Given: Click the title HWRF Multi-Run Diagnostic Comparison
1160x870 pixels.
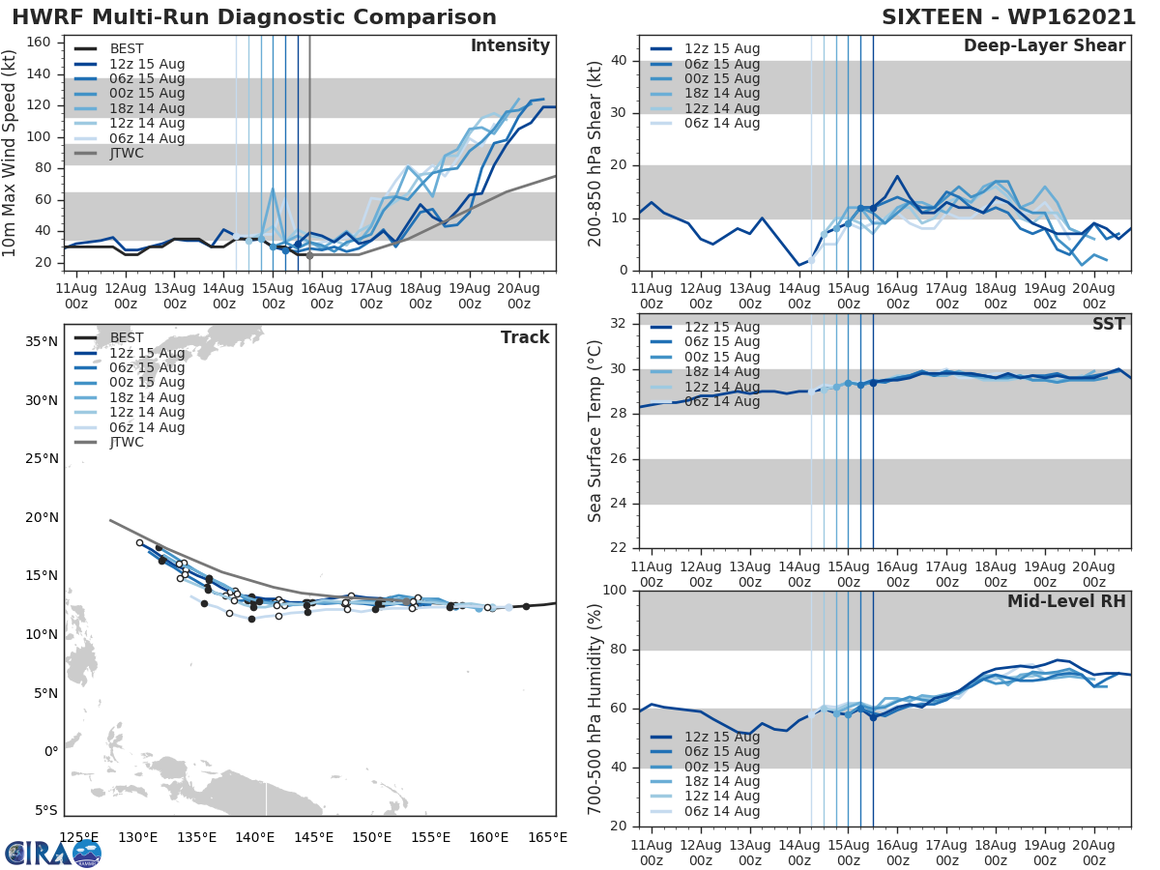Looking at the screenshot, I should [x=254, y=17].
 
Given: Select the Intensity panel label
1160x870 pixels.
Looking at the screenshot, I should [x=509, y=46].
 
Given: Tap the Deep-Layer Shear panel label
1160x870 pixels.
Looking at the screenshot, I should [x=1044, y=46].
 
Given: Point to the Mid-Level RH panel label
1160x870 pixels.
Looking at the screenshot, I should [x=1066, y=601].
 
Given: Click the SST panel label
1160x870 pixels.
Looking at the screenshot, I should [x=1108, y=324].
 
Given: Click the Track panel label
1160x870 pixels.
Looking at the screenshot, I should [x=525, y=337].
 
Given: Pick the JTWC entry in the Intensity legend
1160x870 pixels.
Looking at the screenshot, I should [x=128, y=154].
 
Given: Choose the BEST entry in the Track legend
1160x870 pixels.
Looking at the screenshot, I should [x=127, y=338].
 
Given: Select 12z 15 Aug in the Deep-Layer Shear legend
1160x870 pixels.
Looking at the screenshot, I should [x=721, y=49].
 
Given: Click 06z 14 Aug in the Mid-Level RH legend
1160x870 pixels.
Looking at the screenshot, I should [x=721, y=811].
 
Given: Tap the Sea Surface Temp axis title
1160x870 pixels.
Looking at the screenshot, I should [x=595, y=431].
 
